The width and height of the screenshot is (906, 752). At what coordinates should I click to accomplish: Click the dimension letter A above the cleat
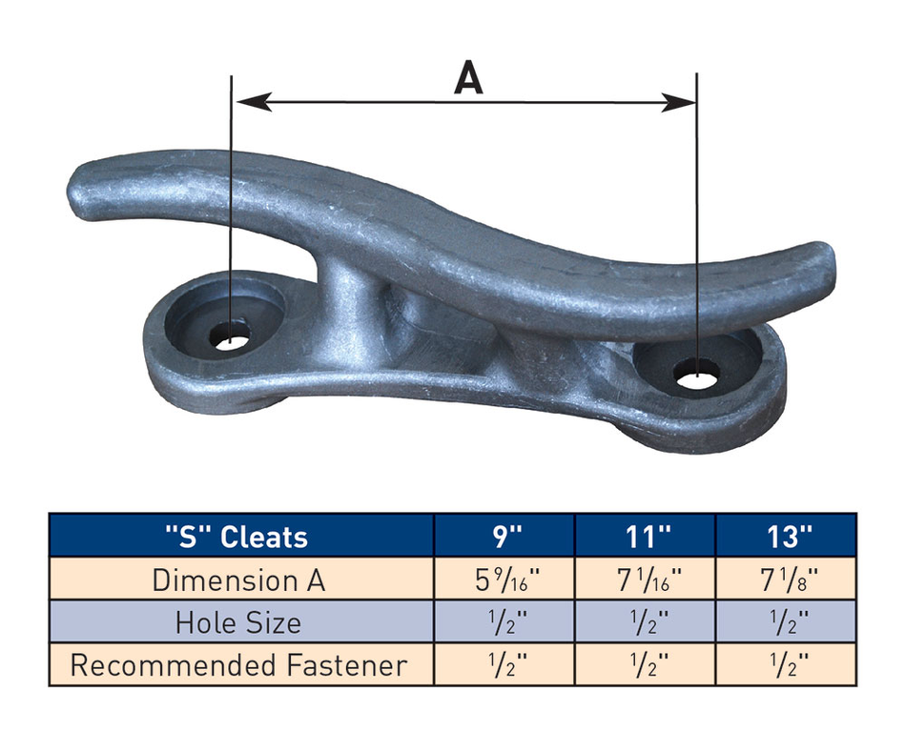(467, 76)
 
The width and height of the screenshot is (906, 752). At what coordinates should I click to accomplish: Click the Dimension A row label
(238, 579)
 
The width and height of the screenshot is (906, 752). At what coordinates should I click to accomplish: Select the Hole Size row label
(238, 622)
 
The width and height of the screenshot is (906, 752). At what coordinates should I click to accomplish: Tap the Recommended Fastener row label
(238, 664)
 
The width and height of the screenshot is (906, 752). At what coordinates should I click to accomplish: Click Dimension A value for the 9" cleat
(504, 579)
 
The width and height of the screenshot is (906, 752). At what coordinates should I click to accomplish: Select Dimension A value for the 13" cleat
(786, 579)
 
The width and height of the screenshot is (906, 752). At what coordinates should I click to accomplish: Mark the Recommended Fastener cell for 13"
(786, 664)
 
